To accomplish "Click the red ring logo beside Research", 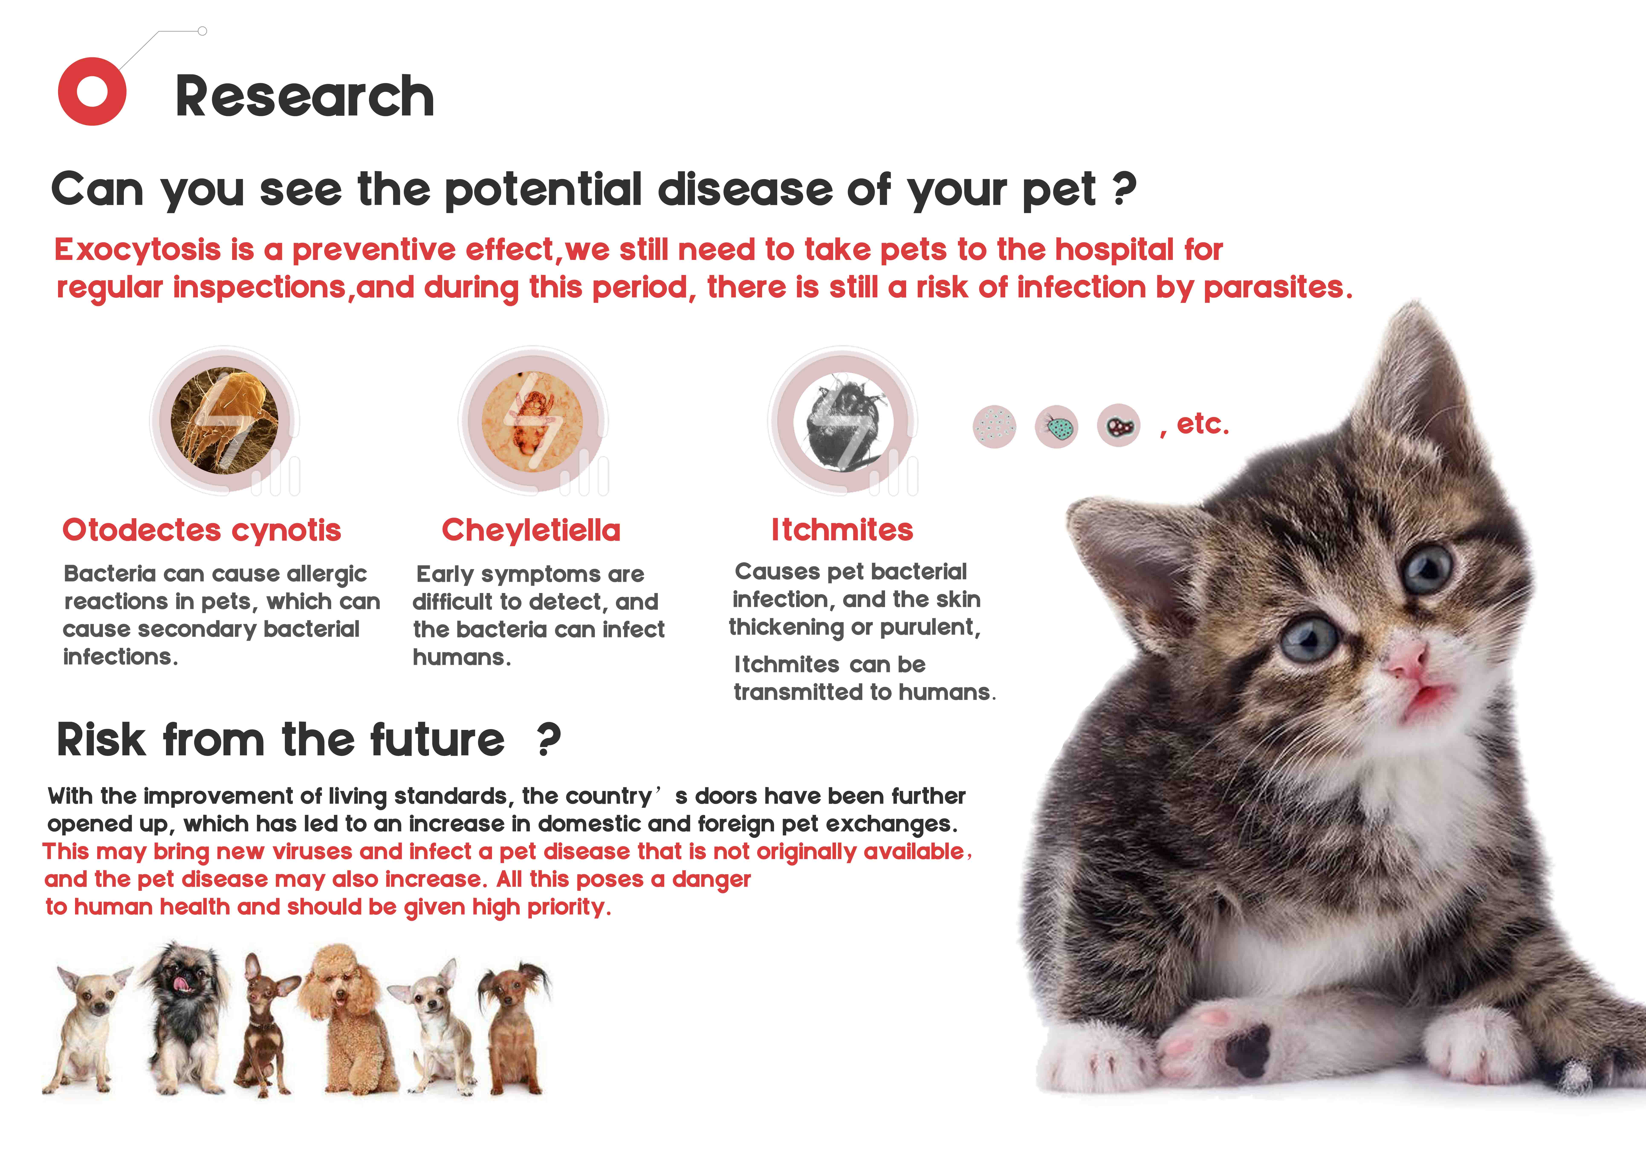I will point(92,92).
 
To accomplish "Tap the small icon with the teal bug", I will point(1057,427).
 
